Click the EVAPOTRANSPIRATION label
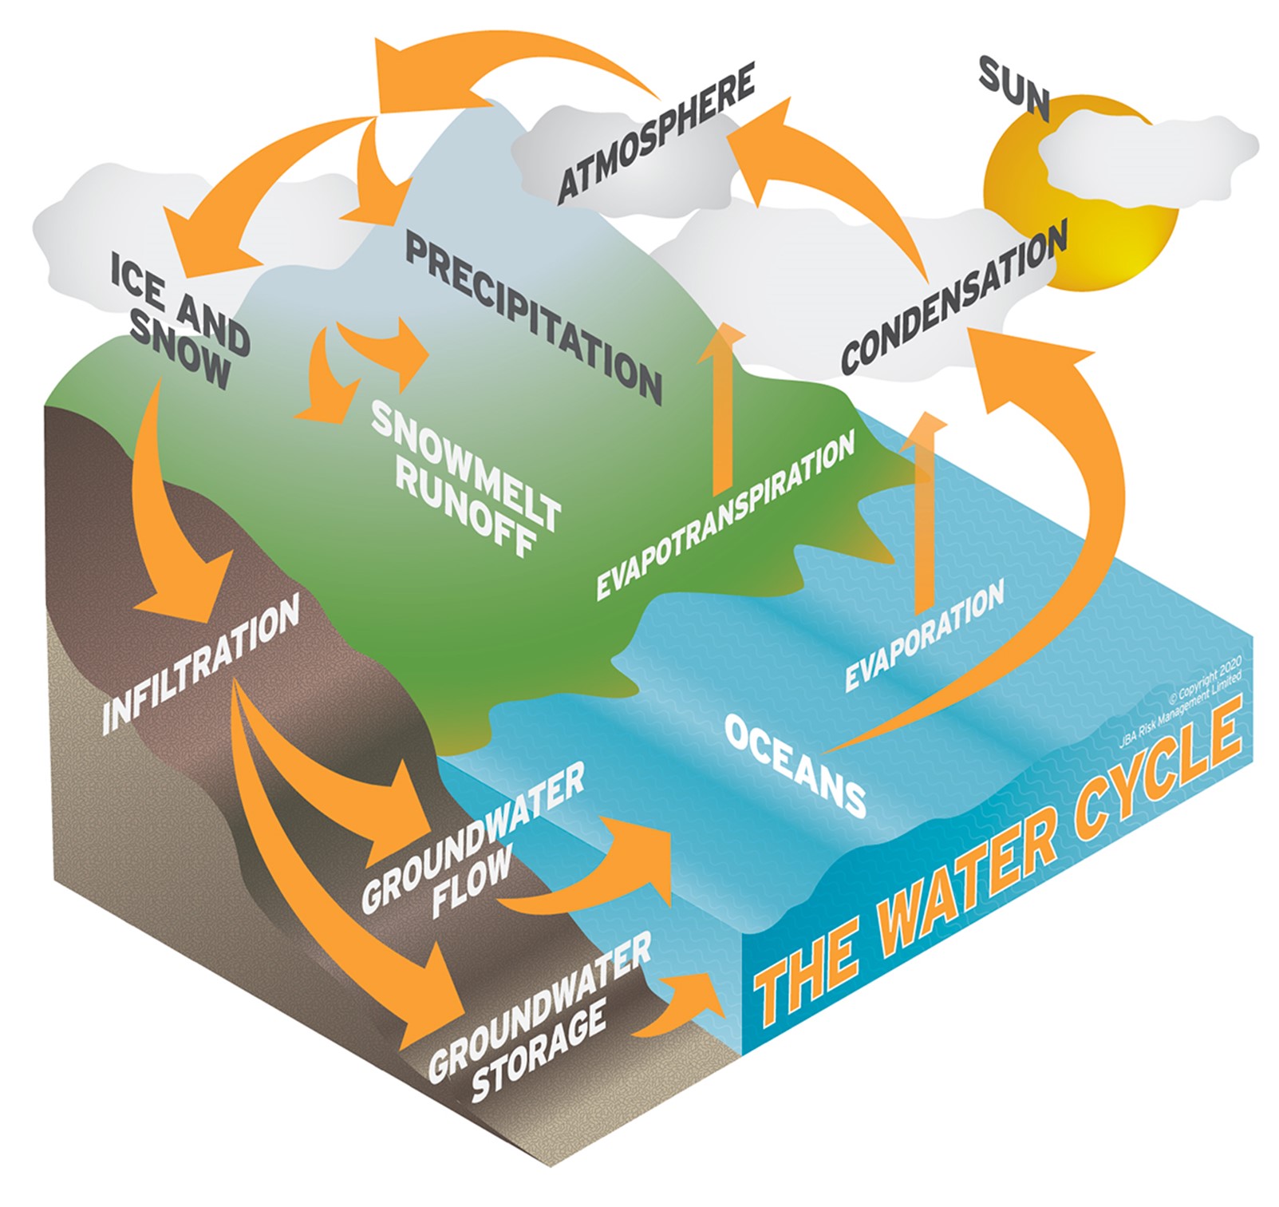point(725,516)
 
